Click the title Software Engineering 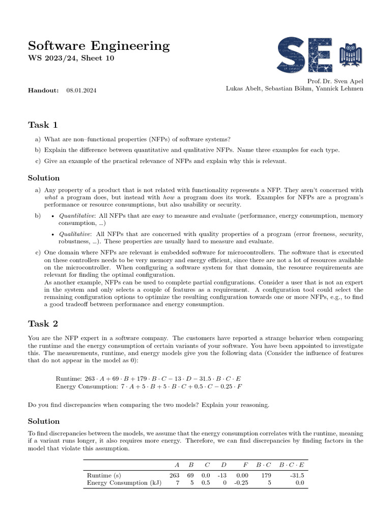coord(98,46)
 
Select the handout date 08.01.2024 coord(81,90)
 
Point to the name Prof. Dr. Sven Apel coord(336,81)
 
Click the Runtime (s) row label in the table coord(105,475)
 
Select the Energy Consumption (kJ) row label coord(124,483)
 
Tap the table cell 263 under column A coord(174,475)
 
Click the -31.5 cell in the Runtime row coord(296,475)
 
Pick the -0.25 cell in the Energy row coord(241,483)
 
